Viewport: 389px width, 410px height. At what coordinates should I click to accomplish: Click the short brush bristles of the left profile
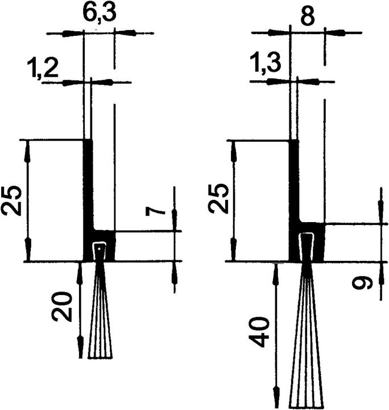point(101,325)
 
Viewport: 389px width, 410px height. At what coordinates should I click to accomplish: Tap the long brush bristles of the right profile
point(308,353)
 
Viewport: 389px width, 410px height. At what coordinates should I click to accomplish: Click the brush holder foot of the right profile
point(308,242)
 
